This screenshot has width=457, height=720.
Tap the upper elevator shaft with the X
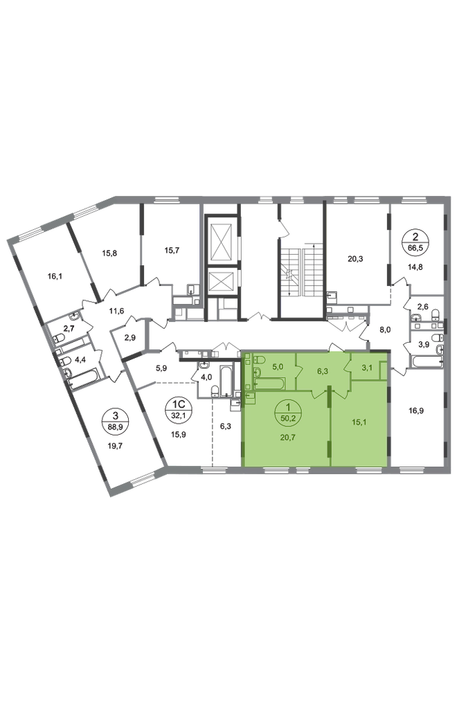(x=220, y=240)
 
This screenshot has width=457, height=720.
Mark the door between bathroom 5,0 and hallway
(x=297, y=368)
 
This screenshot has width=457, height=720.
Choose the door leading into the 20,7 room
(x=318, y=393)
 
